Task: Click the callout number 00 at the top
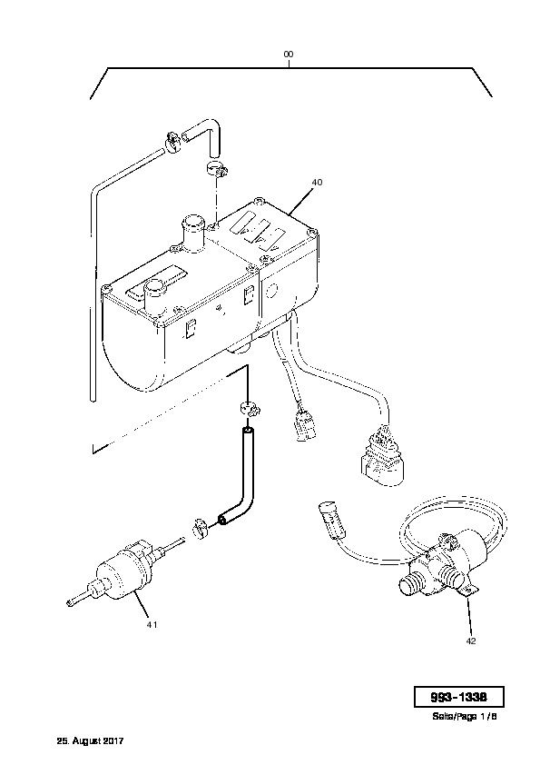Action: pos(289,55)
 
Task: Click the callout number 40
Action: pos(317,183)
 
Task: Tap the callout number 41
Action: pos(152,624)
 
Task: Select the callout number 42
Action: pos(471,641)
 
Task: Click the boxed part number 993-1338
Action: pos(458,697)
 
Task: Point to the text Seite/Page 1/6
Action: pos(464,717)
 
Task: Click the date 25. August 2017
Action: pos(90,741)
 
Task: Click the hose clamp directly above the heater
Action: pos(215,168)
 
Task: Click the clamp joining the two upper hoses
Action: pos(172,141)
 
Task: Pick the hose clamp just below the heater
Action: pos(250,407)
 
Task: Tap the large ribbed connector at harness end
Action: pos(383,454)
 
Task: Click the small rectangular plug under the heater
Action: pos(304,425)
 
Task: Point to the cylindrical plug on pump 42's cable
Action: pos(332,519)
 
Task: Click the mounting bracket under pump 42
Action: pos(469,590)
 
